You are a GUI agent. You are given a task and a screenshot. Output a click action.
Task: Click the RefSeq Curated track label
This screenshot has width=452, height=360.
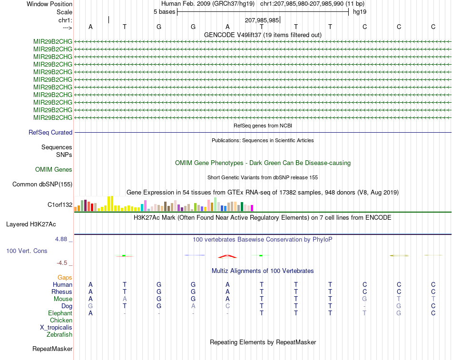point(50,133)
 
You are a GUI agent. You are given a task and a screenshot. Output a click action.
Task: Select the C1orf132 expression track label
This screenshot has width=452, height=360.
point(60,205)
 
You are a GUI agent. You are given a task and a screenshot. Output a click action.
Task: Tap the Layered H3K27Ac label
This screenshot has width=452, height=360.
point(31,224)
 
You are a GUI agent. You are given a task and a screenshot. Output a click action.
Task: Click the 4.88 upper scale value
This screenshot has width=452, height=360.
point(61,239)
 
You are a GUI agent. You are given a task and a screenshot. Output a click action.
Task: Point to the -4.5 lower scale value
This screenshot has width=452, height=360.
point(62,263)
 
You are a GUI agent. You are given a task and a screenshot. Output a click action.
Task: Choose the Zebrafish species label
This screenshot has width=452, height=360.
point(59,335)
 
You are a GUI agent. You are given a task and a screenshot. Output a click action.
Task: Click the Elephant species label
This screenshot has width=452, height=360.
point(60,313)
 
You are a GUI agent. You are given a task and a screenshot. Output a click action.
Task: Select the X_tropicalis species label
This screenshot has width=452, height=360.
point(56,328)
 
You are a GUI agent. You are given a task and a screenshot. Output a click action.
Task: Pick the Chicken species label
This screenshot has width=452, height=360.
point(61,321)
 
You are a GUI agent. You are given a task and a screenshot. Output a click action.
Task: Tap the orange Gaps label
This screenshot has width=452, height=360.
point(65,278)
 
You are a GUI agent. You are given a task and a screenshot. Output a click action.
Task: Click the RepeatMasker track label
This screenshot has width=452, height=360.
point(52,349)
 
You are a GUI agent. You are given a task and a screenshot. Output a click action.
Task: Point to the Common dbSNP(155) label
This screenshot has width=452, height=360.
point(42,185)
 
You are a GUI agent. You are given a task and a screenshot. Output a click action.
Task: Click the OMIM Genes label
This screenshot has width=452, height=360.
point(54,170)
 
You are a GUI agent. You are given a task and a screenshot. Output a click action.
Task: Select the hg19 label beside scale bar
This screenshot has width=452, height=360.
point(360,12)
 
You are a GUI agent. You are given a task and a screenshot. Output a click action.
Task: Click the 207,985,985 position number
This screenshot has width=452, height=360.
point(262,20)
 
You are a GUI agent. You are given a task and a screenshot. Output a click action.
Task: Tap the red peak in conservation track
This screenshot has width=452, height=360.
point(227,256)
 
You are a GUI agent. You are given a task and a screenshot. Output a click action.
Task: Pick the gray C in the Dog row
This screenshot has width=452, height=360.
point(228,306)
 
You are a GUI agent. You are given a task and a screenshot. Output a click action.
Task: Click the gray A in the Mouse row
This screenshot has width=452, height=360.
point(125,299)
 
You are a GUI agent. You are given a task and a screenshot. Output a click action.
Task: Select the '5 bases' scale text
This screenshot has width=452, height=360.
point(164,12)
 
